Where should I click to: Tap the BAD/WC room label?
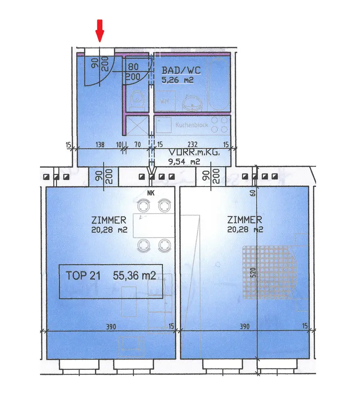click(181, 71)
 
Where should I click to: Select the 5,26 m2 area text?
click(178, 80)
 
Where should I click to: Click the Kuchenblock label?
click(192, 125)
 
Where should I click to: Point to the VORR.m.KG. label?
click(190, 153)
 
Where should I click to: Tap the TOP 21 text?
click(83, 276)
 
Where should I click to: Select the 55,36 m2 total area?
click(134, 276)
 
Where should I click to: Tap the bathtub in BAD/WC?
click(220, 84)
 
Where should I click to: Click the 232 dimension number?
click(192, 145)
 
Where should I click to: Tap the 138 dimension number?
click(100, 145)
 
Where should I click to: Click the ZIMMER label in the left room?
click(109, 220)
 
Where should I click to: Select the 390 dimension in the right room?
click(244, 326)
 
